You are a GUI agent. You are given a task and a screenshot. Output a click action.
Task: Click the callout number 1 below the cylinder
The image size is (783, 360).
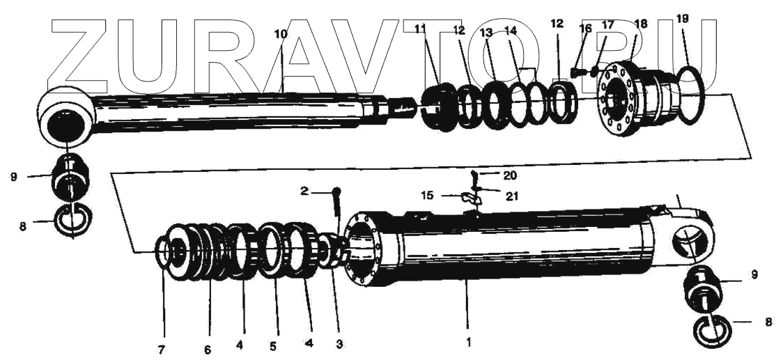468,342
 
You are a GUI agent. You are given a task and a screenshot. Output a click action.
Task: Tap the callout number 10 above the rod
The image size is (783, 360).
280,33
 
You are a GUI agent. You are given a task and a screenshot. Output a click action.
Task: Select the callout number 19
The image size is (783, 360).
683,19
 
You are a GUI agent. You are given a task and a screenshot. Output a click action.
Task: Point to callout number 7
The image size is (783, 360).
161,350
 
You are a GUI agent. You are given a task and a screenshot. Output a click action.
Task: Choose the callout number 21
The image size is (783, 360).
512,196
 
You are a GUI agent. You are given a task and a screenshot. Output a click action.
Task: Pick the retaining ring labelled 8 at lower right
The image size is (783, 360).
712,329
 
